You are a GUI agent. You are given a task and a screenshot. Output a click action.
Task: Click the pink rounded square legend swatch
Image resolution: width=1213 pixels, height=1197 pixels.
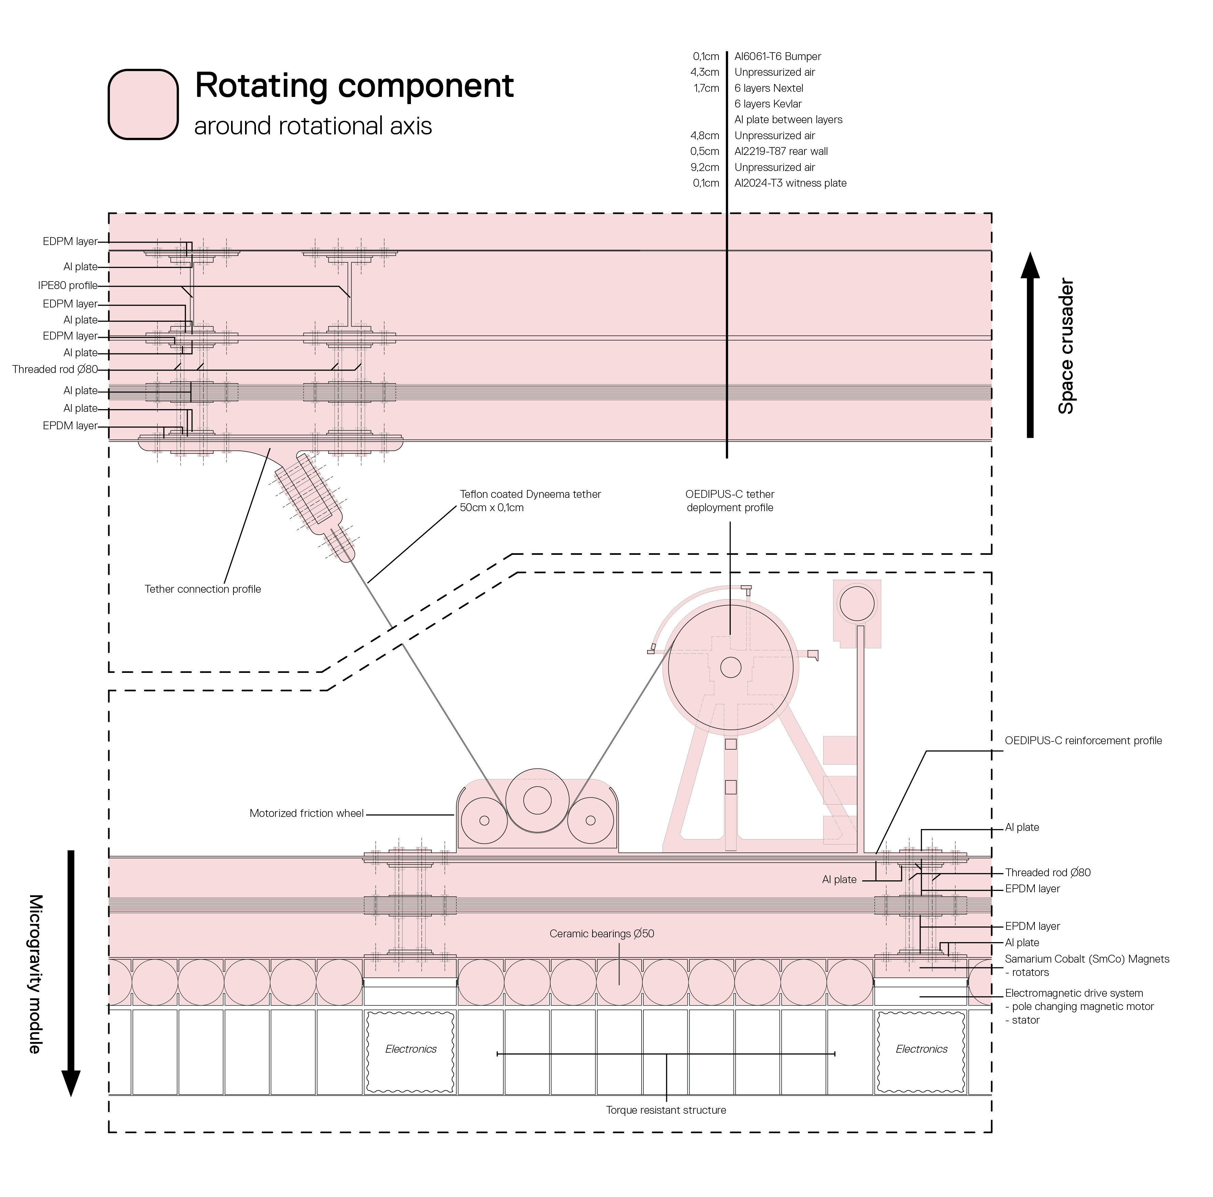point(143,104)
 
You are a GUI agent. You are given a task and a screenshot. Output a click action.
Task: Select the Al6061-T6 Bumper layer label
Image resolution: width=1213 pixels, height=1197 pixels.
point(777,57)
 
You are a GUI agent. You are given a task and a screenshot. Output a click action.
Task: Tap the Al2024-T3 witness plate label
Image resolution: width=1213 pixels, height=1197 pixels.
point(790,183)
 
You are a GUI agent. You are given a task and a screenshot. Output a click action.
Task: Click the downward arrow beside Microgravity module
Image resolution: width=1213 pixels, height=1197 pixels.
point(71,973)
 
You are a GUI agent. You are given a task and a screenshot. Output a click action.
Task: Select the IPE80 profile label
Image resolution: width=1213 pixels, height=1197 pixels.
point(68,286)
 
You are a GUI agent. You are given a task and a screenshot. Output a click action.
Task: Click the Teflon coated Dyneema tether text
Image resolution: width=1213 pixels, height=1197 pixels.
point(530,495)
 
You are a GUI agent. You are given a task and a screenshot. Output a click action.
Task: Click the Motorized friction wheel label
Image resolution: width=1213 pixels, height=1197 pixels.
point(306,813)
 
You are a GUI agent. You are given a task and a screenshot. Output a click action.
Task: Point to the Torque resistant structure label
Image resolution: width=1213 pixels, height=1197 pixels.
point(666,1110)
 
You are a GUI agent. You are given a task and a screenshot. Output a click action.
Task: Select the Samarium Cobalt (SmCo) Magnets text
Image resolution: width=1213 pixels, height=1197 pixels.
point(1087,959)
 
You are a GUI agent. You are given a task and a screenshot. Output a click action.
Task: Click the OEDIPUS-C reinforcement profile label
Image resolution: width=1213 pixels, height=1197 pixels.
point(1083,741)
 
